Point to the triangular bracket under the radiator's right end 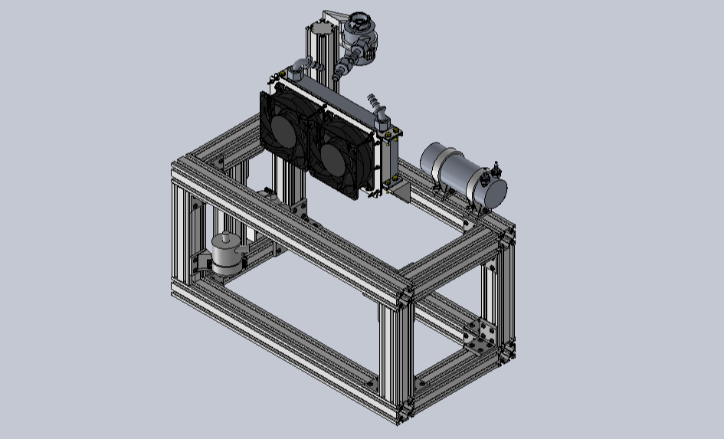coord(401,188)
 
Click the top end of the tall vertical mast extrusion coord(319,30)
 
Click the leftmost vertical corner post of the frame coord(179,230)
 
